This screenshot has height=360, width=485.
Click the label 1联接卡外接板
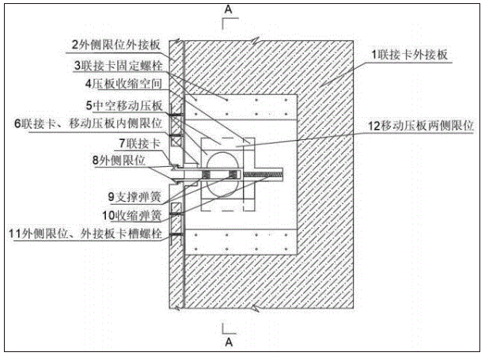click(409, 55)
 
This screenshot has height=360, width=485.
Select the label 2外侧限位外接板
click(116, 45)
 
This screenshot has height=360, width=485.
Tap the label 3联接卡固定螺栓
click(119, 65)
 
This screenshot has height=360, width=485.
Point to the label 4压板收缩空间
click(123, 84)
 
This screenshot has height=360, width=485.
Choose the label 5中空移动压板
click(124, 106)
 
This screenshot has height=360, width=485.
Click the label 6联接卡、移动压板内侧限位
click(88, 123)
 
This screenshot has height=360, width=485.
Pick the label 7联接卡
click(140, 143)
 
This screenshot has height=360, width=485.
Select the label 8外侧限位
click(119, 160)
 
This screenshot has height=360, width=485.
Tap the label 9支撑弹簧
click(135, 197)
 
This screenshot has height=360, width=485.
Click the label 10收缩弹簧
click(132, 215)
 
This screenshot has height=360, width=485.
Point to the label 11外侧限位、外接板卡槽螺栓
click(85, 233)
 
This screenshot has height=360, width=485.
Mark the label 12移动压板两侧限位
click(421, 126)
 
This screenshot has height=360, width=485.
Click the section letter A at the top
click(228, 9)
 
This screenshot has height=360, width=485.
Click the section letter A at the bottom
click(229, 342)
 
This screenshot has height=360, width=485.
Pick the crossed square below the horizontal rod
click(176, 208)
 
